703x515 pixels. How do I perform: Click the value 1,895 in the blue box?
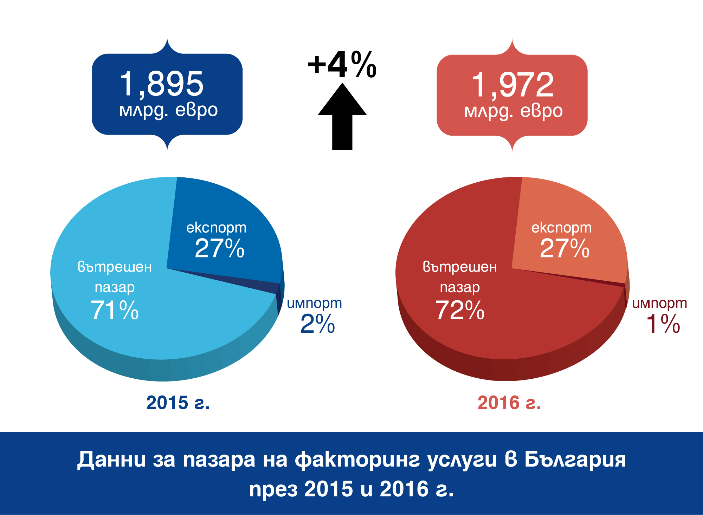pyautogui.click(x=162, y=84)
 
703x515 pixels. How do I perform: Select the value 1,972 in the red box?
pyautogui.click(x=512, y=85)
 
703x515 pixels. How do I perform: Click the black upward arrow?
pyautogui.click(x=342, y=116)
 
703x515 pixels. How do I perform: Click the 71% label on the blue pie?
pyautogui.click(x=115, y=310)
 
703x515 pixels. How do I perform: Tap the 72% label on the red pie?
pyautogui.click(x=460, y=310)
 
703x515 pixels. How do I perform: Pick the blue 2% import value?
pyautogui.click(x=317, y=324)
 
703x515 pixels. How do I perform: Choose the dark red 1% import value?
pyautogui.click(x=663, y=324)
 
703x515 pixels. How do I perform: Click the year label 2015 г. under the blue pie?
pyautogui.click(x=178, y=403)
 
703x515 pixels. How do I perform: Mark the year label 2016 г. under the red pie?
pyautogui.click(x=509, y=403)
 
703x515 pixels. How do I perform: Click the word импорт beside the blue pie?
pyautogui.click(x=314, y=303)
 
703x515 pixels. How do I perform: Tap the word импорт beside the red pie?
pyautogui.click(x=659, y=303)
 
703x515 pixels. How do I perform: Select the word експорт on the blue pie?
pyautogui.click(x=216, y=228)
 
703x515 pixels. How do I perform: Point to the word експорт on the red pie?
pyautogui.click(x=561, y=228)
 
